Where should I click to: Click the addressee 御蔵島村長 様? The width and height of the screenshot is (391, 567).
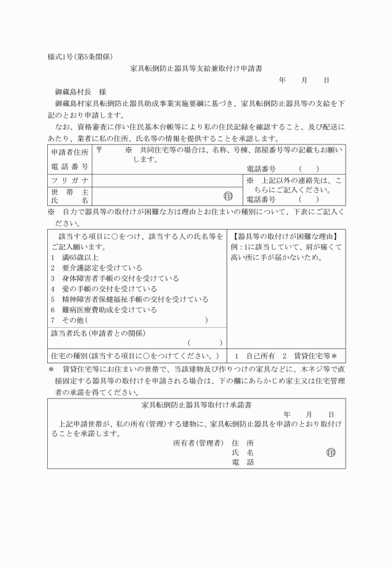point(80,91)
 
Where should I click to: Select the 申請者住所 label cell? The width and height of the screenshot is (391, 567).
point(70,152)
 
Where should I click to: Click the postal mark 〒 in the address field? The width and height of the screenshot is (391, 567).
point(100,151)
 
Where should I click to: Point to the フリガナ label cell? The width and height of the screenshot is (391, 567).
point(70,180)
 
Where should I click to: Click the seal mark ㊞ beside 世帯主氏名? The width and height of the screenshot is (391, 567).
point(228,195)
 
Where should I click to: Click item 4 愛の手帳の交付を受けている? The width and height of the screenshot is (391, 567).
point(106,289)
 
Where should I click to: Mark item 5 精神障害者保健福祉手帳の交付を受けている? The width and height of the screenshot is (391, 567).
point(130,299)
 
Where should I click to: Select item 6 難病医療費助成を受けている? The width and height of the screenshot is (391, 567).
point(106,310)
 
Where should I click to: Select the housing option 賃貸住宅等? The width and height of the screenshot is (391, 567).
point(310,356)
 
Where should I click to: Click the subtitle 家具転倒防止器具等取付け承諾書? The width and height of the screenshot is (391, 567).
point(196,405)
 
